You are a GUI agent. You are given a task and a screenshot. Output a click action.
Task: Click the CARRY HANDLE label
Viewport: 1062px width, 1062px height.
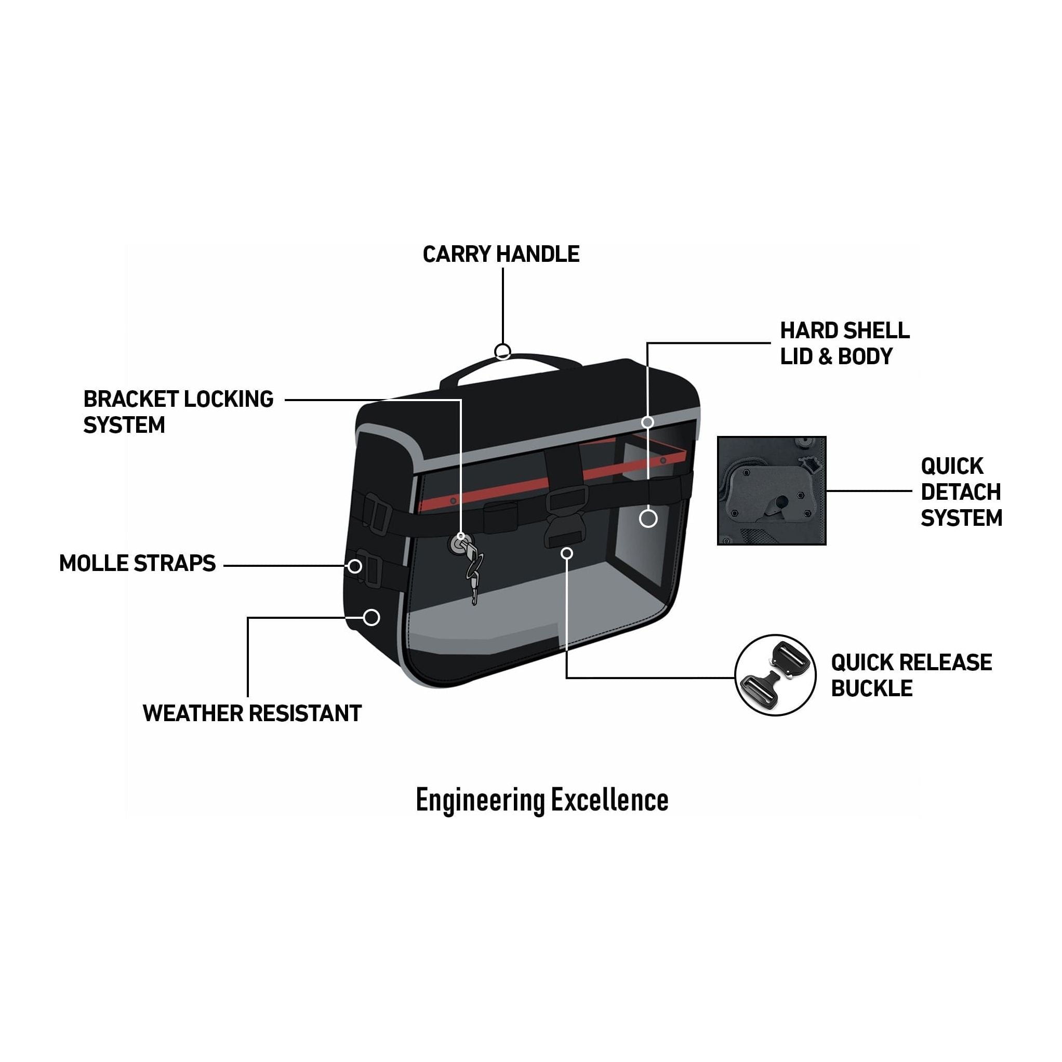pos(501,254)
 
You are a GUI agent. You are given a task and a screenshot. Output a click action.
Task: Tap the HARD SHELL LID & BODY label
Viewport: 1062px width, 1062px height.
pos(844,343)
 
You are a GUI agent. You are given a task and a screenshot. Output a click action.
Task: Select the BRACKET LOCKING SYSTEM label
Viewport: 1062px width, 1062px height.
pos(178,411)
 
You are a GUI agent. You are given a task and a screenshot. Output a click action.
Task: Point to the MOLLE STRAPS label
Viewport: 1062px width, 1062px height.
pos(137,563)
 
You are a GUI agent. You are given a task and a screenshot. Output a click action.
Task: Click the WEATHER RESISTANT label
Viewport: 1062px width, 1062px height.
pos(252,713)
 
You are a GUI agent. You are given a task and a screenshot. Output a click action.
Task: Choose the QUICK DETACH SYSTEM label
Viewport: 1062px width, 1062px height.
pos(961,492)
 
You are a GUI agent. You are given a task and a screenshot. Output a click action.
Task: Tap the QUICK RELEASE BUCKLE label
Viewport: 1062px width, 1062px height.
pos(911,675)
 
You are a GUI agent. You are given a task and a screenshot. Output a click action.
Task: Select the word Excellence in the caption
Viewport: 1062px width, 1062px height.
pos(609,800)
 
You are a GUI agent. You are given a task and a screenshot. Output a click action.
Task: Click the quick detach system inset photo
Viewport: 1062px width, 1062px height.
pos(771,490)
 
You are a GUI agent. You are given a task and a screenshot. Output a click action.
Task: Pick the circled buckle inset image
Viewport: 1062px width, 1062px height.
pos(775,675)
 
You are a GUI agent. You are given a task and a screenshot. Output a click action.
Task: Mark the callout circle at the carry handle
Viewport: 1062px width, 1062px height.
pos(502,351)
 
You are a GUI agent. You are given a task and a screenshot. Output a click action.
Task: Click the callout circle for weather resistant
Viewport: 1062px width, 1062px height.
pos(371,617)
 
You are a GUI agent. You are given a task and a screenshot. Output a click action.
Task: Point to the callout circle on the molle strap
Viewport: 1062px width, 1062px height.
pos(355,566)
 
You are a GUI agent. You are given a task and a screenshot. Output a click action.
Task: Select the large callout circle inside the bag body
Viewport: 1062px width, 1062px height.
pos(648,519)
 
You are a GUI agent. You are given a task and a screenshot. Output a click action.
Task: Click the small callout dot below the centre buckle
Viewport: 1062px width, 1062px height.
pos(567,553)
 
